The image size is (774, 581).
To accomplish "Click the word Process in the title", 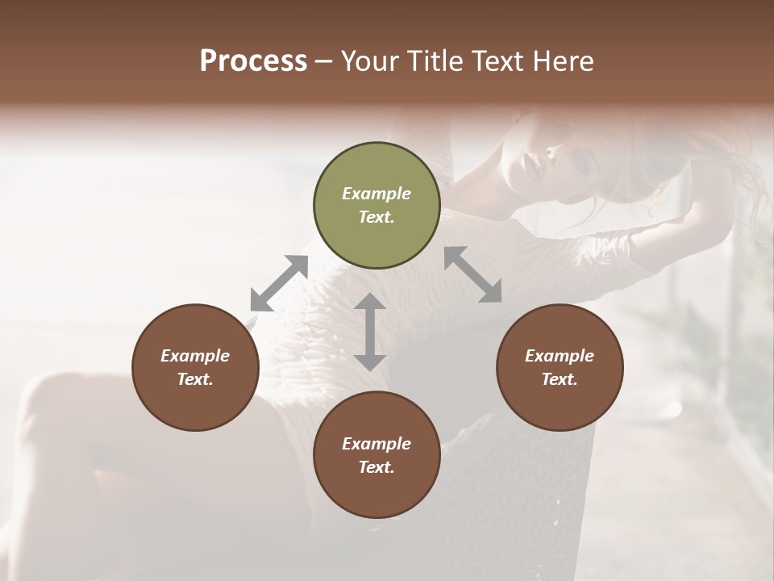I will [253, 61].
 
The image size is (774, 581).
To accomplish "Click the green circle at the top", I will [377, 206].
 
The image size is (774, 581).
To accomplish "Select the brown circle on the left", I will [195, 367].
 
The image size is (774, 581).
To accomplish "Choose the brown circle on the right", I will [560, 367].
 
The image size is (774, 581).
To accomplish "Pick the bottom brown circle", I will [377, 455].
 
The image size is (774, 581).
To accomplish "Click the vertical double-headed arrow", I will [370, 332].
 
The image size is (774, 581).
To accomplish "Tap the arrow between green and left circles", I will [280, 283].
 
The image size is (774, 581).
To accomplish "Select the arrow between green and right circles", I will [472, 274].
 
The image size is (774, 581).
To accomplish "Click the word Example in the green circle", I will [377, 194].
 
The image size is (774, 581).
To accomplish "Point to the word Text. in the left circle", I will [195, 379].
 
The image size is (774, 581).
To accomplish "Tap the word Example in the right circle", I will [560, 356].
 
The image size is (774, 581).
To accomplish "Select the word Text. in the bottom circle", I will [377, 467].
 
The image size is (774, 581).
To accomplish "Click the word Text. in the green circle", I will [377, 217].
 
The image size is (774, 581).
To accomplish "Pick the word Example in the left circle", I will [195, 356].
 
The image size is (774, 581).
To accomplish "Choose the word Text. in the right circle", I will [560, 379].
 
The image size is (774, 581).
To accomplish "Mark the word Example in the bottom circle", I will [377, 444].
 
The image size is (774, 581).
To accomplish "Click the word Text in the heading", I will [498, 61].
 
